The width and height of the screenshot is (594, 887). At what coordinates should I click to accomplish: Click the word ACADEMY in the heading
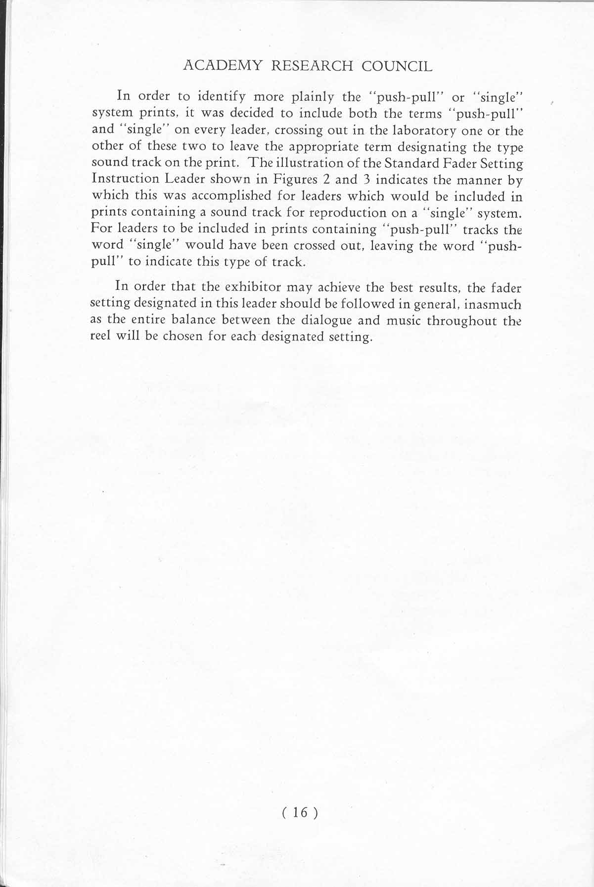[222, 66]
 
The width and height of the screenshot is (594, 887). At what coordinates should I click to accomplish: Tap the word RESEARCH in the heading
[312, 66]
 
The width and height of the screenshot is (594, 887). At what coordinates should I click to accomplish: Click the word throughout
[462, 321]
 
